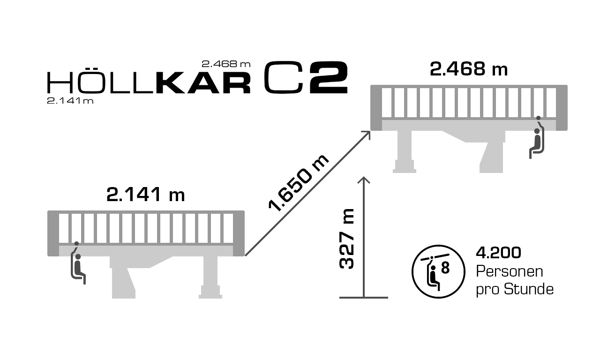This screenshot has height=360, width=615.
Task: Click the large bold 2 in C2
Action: pos(329,77)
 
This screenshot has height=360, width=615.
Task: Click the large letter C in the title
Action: pos(283,77)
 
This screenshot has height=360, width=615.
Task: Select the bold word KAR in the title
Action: pos(203,82)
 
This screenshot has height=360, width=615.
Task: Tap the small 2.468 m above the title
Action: pos(226,64)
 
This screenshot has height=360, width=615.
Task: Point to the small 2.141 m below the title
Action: pos(70,101)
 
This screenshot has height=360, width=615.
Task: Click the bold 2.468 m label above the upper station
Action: pos(469,69)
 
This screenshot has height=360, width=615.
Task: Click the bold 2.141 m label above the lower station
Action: pos(145,195)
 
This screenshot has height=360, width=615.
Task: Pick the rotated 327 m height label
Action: pos(346,239)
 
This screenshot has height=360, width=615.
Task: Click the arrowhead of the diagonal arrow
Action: pos(367,135)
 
